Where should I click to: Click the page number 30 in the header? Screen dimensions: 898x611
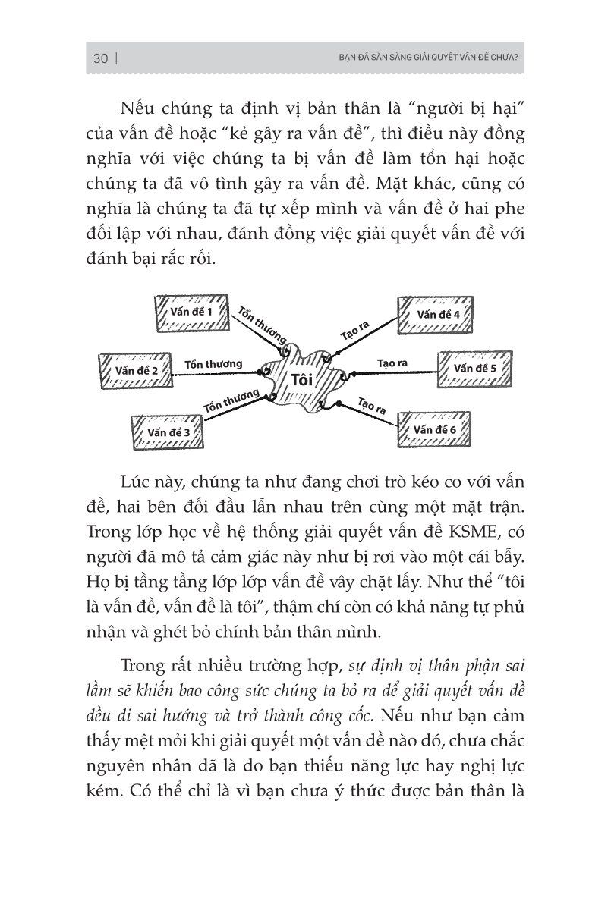[x=99, y=58]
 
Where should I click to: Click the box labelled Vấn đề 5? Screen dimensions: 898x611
[x=474, y=369]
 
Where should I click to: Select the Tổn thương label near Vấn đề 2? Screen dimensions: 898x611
[x=213, y=363]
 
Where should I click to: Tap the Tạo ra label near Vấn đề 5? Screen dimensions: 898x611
[x=392, y=363]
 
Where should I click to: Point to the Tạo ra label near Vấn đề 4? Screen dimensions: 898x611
[x=354, y=330]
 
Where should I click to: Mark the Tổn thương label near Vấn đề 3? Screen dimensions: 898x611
[x=231, y=402]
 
